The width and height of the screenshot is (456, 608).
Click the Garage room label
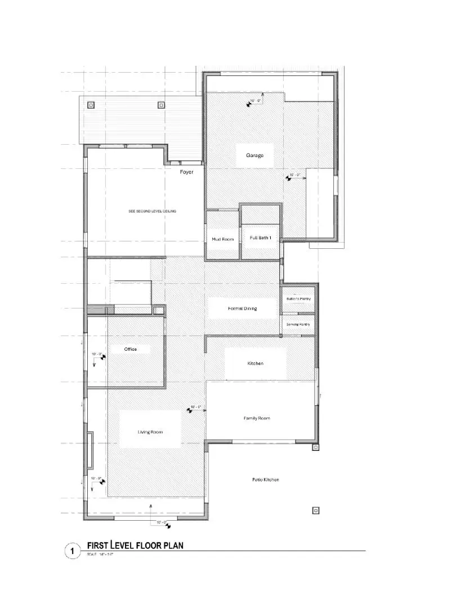254,155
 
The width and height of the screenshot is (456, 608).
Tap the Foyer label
186,172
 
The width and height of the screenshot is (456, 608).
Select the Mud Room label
222,239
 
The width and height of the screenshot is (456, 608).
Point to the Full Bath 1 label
261,238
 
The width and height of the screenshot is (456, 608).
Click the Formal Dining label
243,309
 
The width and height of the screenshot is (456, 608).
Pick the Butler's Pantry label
298,299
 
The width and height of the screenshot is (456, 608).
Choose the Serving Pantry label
298,324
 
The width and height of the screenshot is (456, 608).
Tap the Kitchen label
255,364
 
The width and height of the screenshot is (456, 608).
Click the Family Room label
257,418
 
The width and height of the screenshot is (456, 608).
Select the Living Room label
150,432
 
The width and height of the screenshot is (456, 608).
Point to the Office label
131,350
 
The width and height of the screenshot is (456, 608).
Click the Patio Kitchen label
265,480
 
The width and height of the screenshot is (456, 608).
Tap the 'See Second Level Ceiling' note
153,211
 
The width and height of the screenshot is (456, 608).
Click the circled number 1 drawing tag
72,551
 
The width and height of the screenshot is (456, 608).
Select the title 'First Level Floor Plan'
135,545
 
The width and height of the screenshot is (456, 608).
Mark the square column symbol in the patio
316,511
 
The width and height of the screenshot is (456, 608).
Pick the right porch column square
161,105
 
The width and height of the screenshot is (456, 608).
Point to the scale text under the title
102,555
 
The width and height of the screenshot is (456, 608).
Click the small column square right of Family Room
316,448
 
